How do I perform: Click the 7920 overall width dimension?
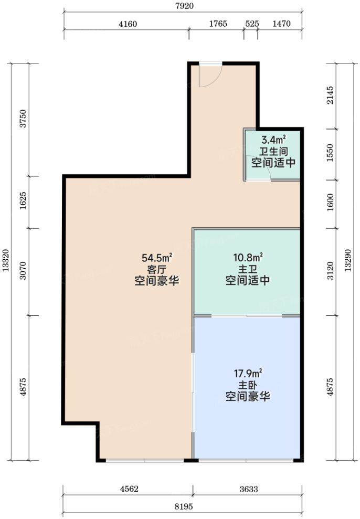(184, 6)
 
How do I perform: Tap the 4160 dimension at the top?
(128, 24)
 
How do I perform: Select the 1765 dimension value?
(218, 24)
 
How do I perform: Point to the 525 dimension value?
(252, 24)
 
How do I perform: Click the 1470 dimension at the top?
(281, 24)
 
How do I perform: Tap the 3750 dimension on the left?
(23, 119)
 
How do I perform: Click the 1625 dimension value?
(23, 200)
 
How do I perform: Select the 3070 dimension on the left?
(23, 271)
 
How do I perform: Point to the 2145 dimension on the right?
(330, 96)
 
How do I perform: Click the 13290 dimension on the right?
(348, 260)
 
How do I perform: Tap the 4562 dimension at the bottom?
(130, 489)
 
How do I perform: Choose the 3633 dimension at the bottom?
(249, 489)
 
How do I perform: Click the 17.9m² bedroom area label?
(248, 373)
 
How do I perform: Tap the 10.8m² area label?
(248, 257)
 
